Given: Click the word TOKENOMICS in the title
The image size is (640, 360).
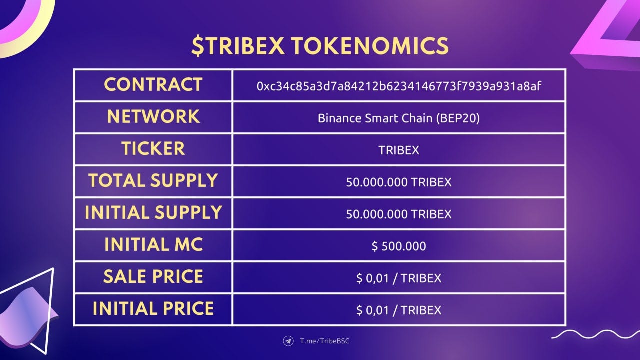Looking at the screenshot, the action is click(x=370, y=45).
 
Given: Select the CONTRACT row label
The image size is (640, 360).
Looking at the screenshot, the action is click(x=153, y=85).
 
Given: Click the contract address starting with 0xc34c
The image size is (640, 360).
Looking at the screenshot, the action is click(x=399, y=86).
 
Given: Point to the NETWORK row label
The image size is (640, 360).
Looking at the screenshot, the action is click(x=153, y=117).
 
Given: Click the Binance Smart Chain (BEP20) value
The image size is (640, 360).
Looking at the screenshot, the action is click(x=399, y=118).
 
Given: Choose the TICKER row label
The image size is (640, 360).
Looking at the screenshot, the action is click(x=153, y=149).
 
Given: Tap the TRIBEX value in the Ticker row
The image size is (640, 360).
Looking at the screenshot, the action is click(x=399, y=150).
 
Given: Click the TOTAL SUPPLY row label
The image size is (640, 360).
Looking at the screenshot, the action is click(x=153, y=181).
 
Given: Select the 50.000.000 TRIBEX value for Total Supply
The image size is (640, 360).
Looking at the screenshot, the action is click(x=399, y=182).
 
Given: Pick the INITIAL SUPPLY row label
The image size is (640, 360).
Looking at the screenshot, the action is click(x=153, y=213).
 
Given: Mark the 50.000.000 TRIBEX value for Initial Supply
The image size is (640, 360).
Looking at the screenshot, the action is click(x=399, y=214).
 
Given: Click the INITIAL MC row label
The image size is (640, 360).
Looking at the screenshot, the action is click(x=153, y=245).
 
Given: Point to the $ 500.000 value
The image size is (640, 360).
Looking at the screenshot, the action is click(x=399, y=246).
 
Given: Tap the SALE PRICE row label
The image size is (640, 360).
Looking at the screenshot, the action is click(x=153, y=277).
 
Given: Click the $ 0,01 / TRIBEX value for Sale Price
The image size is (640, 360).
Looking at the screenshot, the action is click(x=399, y=278).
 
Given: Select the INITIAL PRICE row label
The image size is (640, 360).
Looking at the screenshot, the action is click(x=153, y=309).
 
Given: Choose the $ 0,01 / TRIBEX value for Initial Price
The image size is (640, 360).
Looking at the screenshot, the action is click(x=399, y=310).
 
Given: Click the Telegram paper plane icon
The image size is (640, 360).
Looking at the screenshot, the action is click(x=288, y=341).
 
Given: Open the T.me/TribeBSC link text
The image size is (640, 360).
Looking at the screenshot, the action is click(x=325, y=341).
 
